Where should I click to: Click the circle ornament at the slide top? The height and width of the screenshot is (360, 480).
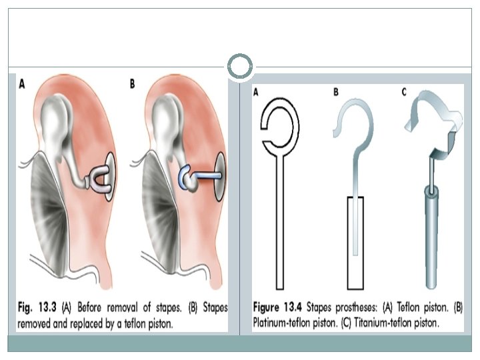click(x=240, y=67)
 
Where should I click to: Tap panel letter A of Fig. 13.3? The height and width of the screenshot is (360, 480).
click(x=22, y=85)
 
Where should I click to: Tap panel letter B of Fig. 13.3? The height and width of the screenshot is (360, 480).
click(x=132, y=85)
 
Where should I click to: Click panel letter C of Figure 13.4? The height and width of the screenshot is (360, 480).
click(x=404, y=92)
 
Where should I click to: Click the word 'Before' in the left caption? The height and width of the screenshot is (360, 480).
click(x=97, y=308)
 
